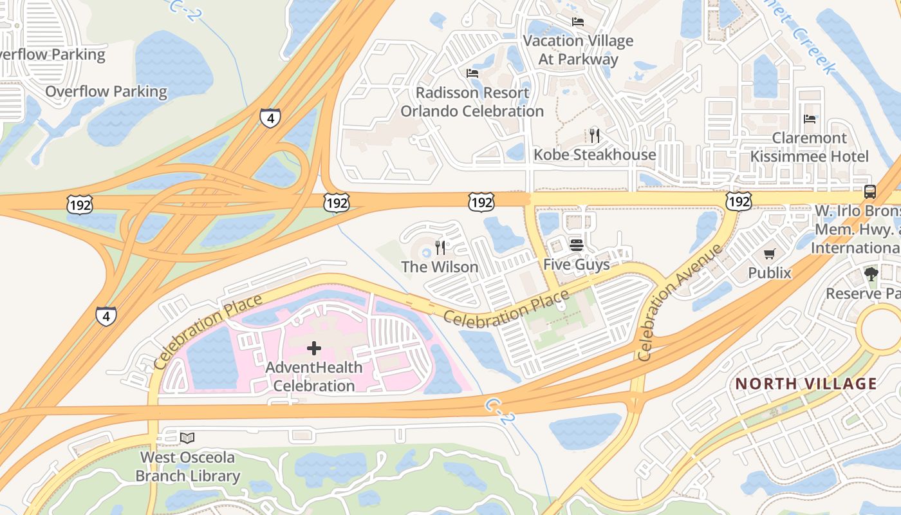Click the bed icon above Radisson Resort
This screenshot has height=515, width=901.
pos(472,73)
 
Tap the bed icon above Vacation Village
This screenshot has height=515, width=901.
pos(578,22)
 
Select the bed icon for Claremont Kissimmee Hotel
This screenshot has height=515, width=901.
pos(810,118)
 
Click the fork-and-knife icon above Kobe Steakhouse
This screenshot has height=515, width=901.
pos(595,135)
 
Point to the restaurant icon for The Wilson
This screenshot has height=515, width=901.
pos(440,247)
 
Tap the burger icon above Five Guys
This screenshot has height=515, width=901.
pos(576,245)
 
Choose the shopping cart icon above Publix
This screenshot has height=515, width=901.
pos(769,254)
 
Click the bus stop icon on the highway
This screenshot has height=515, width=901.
pos(869,191)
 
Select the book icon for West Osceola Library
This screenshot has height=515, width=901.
pos(187,438)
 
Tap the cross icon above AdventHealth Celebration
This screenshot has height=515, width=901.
pos(314,349)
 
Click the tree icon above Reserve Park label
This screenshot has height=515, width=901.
pos(871,274)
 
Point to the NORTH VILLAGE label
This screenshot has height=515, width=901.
pos(806,384)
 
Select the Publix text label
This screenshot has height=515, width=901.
pos(770,273)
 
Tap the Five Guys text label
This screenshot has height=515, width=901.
pos(577,264)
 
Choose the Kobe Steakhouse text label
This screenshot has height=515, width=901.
pos(595,154)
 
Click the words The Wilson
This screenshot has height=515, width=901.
pos(440,267)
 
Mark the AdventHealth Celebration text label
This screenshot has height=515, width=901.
pos(314,377)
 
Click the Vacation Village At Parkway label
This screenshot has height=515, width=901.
pos(578,50)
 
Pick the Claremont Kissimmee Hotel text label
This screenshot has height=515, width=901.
pos(810,147)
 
